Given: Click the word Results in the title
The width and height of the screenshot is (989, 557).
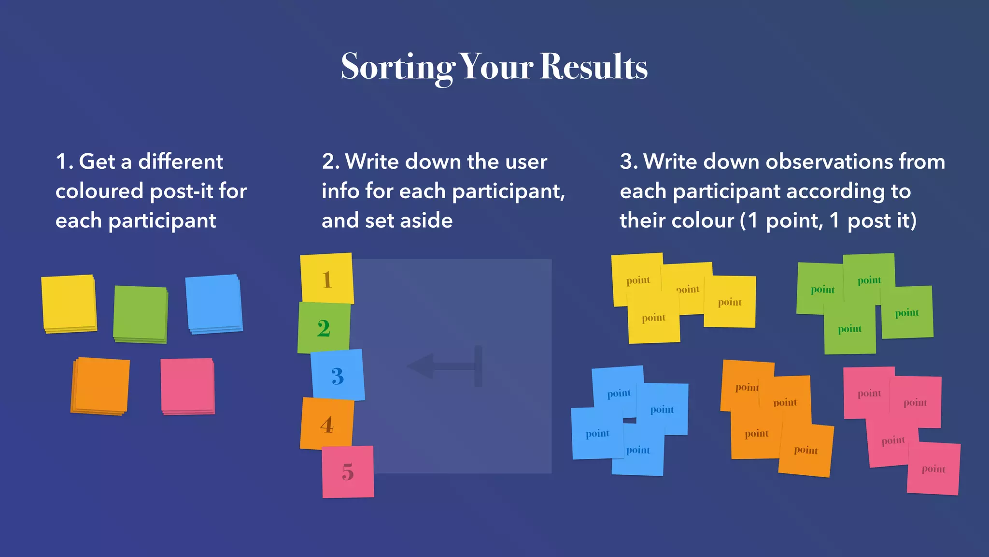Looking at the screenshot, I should pyautogui.click(x=593, y=67).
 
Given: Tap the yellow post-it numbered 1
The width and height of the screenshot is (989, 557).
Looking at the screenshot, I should pyautogui.click(x=327, y=279).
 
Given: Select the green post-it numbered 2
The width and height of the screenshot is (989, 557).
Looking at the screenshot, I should pyautogui.click(x=324, y=328).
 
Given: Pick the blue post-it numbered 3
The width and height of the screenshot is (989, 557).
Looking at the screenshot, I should pyautogui.click(x=338, y=375).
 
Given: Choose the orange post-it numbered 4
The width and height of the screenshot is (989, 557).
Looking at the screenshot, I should pyautogui.click(x=327, y=424).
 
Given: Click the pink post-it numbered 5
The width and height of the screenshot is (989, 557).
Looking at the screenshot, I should pyautogui.click(x=348, y=471).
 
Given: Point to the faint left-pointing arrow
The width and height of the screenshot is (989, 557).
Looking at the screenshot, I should pyautogui.click(x=444, y=366).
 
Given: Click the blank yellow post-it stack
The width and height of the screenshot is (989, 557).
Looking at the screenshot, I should pyautogui.click(x=69, y=303).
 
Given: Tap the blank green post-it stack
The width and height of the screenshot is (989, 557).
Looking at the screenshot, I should pyautogui.click(x=141, y=314).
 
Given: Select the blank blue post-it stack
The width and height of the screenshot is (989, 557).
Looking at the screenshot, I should pyautogui.click(x=213, y=303).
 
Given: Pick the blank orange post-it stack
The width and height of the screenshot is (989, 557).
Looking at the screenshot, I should pyautogui.click(x=101, y=385).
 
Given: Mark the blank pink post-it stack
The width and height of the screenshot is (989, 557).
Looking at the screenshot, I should pyautogui.click(x=188, y=385).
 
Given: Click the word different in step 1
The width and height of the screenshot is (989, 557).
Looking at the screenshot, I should pyautogui.click(x=181, y=161).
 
